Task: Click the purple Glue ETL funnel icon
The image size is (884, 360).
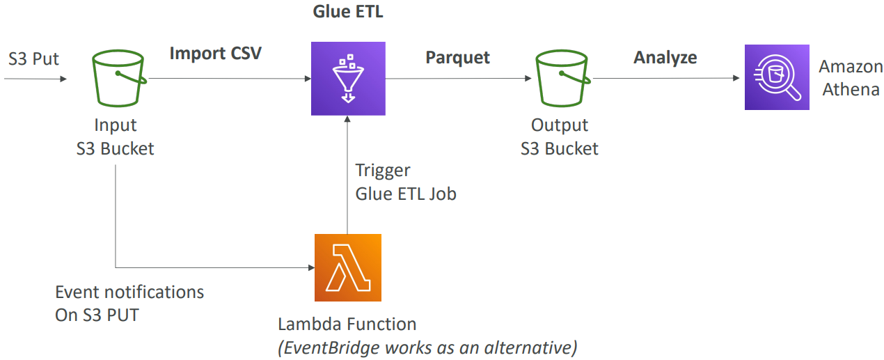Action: (x=347, y=78)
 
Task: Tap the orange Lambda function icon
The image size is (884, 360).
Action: (x=348, y=267)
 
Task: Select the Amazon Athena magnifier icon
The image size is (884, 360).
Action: (x=777, y=77)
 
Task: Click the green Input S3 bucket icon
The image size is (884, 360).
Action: (x=118, y=78)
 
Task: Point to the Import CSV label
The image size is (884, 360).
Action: (x=216, y=53)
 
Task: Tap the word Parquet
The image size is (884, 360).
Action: (x=457, y=57)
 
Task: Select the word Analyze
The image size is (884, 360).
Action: (x=665, y=57)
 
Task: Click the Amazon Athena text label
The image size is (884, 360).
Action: (x=849, y=78)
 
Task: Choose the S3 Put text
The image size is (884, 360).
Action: (x=33, y=58)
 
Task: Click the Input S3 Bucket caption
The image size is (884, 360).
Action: (x=116, y=136)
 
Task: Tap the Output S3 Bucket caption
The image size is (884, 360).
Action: (x=559, y=136)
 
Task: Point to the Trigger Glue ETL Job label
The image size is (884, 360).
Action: (x=405, y=182)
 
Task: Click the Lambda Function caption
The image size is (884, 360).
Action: (x=347, y=324)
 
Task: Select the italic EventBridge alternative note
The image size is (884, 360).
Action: (x=427, y=347)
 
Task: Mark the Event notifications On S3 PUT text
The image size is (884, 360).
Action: (x=129, y=303)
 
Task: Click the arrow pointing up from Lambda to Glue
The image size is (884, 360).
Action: (x=347, y=174)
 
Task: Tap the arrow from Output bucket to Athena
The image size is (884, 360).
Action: (x=667, y=78)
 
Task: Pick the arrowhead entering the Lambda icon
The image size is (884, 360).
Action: (x=309, y=267)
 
